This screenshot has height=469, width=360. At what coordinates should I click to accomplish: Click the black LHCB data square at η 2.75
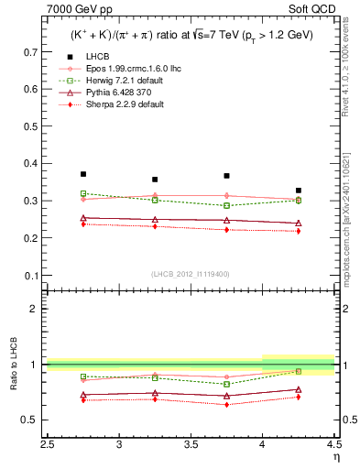[83, 174]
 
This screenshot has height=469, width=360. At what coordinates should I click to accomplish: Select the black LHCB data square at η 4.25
[299, 191]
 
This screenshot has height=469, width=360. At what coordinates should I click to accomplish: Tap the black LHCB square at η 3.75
[226, 176]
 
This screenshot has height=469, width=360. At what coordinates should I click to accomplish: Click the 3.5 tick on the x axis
[191, 445]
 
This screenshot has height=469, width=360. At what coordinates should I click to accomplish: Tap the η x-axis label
[336, 455]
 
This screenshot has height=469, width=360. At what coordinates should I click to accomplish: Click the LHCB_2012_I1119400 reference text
[190, 274]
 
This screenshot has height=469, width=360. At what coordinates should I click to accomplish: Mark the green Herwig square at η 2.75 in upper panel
[83, 193]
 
